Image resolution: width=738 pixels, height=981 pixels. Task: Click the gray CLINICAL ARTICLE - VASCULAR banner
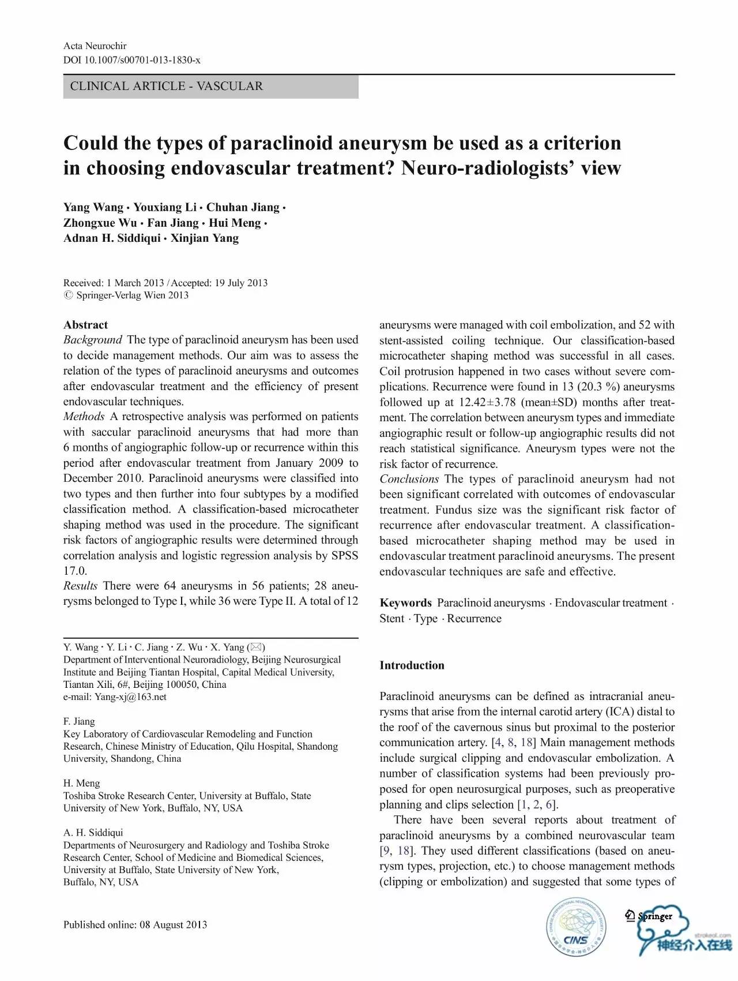point(210,87)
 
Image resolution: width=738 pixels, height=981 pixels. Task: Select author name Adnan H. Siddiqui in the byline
point(112,238)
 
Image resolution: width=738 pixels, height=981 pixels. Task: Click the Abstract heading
point(85,325)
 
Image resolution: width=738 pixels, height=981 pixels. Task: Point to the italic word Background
point(93,340)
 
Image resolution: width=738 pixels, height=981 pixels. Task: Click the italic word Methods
point(84,417)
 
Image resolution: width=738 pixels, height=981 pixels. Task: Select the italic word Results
point(81,586)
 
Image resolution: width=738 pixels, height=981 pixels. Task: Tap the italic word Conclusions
point(409,479)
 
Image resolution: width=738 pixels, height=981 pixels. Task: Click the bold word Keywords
point(405,603)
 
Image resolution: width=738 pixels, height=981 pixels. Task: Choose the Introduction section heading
point(412,665)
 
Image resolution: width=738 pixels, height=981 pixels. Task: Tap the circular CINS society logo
point(577,928)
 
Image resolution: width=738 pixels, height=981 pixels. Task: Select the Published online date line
point(135,924)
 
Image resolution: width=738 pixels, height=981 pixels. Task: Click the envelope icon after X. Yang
point(256,647)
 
